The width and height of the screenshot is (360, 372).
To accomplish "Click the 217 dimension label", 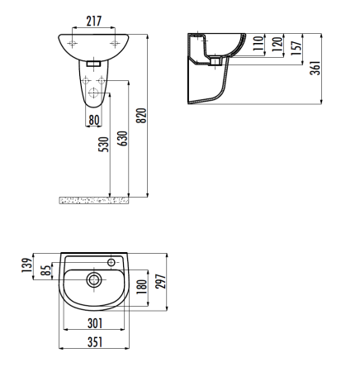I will pos(93,20).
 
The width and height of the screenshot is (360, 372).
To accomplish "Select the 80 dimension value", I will pos(96,119).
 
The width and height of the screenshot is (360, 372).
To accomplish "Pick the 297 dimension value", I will pos(163,281).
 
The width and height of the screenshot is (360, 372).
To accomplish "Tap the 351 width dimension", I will pos(95,342).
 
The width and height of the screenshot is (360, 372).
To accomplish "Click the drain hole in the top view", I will pos(95,280).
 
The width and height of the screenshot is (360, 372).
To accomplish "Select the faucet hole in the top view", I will pos(111,260).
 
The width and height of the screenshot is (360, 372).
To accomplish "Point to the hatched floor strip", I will pos(95,199).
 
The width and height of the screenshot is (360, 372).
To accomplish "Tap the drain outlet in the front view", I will pos(93,63).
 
